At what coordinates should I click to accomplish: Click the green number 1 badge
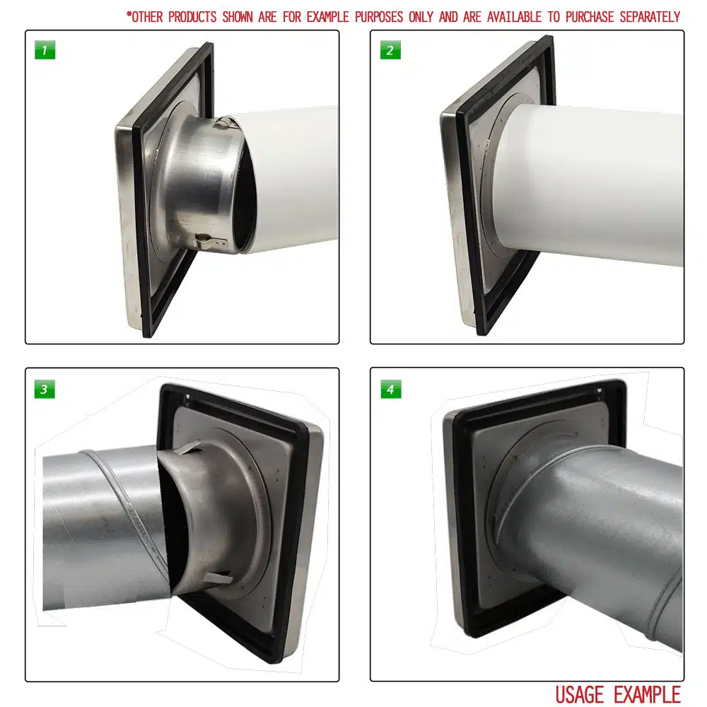(45, 51)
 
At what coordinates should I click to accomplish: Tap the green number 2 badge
(390, 51)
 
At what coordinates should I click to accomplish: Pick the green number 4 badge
(390, 389)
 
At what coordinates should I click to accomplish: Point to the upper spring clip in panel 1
(225, 124)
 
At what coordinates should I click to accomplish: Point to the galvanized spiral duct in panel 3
(99, 523)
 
